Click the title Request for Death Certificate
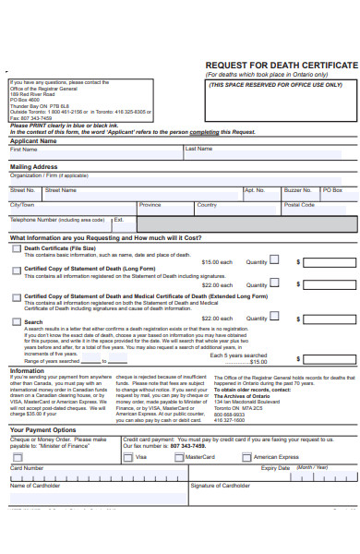click(281, 66)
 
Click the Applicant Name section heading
click(33, 141)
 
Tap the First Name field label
click(23, 149)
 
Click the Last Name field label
click(198, 149)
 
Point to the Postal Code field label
click(299, 205)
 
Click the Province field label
click(150, 205)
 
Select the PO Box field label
click(332, 189)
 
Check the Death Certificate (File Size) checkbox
click(16, 248)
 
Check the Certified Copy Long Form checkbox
click(16, 271)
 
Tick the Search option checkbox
click(16, 321)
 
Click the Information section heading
click(27, 370)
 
